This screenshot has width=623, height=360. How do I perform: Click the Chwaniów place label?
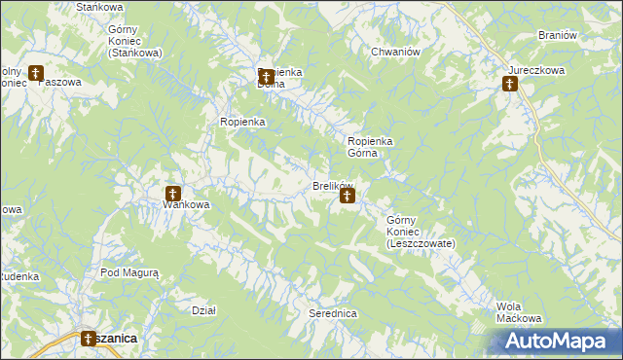click(x=395, y=52)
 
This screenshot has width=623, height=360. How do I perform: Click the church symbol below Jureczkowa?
click(x=509, y=85)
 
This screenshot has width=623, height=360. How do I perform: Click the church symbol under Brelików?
click(x=347, y=198)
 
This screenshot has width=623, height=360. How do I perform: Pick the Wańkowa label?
click(x=186, y=204)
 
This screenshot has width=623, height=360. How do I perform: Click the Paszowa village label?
click(x=58, y=83)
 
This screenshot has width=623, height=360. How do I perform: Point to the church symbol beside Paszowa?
click(x=36, y=73)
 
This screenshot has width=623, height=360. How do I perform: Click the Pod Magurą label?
click(x=129, y=273)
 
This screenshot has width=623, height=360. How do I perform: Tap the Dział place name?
click(x=203, y=310)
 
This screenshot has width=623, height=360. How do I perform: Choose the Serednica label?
click(x=333, y=314)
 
